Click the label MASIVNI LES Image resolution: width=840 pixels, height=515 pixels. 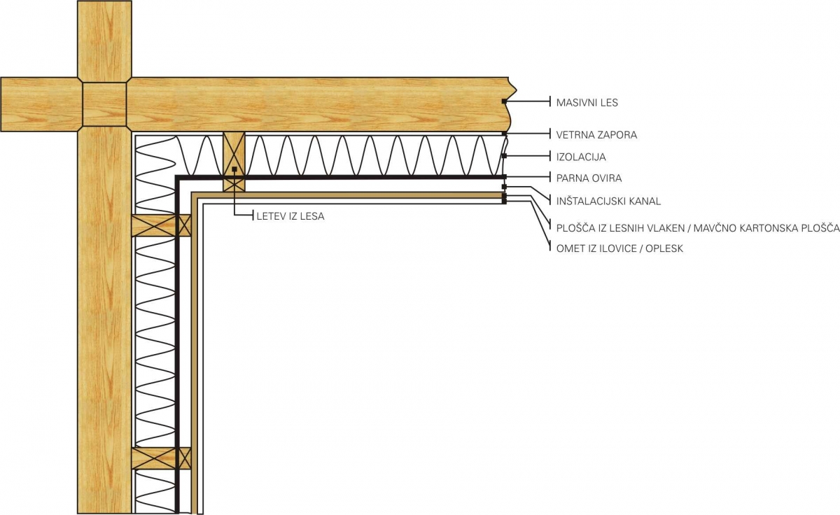[587, 103]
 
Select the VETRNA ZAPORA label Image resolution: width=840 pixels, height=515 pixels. [596, 134]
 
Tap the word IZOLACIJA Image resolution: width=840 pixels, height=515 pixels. [581, 157]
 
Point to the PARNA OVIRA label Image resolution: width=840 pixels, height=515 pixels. [589, 178]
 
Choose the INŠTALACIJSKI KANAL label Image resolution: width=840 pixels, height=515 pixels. [608, 202]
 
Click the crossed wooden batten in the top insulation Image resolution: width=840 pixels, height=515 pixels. [234, 162]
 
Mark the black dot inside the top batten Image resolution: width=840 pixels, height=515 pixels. [234, 169]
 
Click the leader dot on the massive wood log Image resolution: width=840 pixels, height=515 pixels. [504, 102]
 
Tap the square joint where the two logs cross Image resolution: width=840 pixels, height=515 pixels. [104, 105]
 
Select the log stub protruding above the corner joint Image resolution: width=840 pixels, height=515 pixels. [104, 39]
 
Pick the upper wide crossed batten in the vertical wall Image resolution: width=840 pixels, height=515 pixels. [153, 225]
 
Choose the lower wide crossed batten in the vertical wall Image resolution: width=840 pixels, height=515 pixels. [153, 458]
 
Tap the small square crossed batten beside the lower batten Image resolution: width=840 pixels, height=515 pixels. [185, 458]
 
